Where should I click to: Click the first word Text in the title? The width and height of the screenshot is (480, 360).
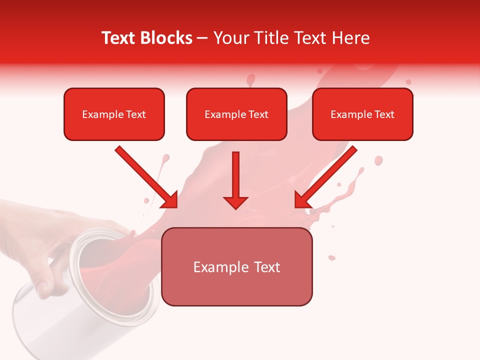pos(120,38)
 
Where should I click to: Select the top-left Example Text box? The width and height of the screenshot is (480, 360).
pos(114,114)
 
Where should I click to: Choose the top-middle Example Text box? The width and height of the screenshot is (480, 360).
pos(236,114)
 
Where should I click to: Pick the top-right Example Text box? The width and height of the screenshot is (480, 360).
pos(362,114)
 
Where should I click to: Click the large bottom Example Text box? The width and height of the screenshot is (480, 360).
pos(236,266)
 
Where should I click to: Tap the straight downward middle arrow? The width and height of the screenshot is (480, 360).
pos(235,175)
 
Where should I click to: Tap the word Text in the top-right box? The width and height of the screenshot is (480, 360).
pos(384,114)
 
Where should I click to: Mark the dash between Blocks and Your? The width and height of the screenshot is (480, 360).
pos(202,38)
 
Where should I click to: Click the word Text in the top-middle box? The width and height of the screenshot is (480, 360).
pos(258,114)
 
